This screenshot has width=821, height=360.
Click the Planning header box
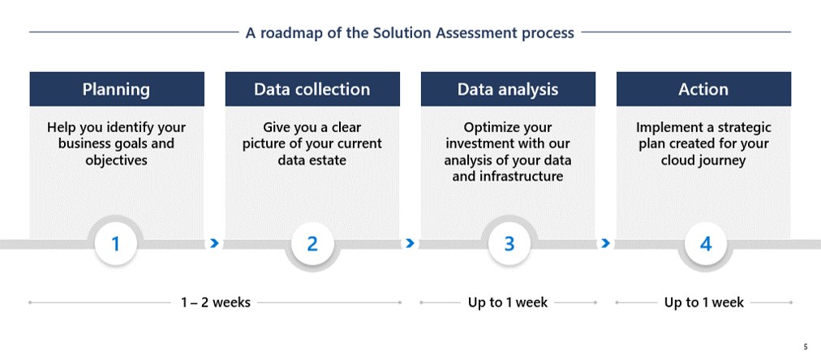click(117, 89)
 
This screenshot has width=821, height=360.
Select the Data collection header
click(312, 89)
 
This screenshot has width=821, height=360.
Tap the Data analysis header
click(508, 89)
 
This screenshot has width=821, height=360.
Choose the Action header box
click(703, 89)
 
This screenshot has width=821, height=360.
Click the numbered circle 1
click(116, 244)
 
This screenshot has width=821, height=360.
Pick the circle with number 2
click(312, 244)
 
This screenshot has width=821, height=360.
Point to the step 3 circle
click(509, 244)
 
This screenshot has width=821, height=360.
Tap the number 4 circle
click(706, 244)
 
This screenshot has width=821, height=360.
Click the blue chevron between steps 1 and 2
click(214, 243)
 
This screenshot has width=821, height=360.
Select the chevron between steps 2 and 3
click(410, 243)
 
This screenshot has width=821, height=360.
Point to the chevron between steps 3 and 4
click(606, 243)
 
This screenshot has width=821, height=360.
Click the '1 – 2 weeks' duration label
click(216, 302)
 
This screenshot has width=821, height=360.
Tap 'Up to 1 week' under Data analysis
click(508, 302)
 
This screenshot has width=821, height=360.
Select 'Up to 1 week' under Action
click(703, 302)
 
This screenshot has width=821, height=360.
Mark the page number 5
click(806, 347)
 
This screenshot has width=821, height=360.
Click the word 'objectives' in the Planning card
click(117, 160)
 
